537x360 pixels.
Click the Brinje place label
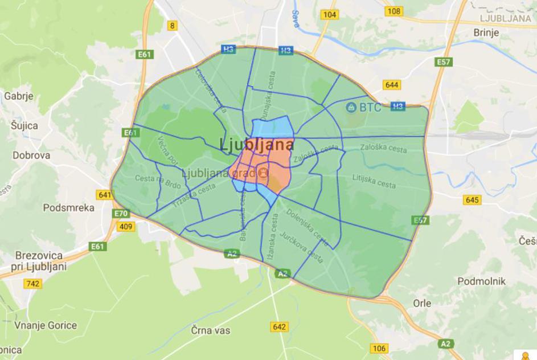tap(486, 32)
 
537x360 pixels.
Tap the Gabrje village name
tap(19, 96)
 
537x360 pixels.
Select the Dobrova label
tap(31, 155)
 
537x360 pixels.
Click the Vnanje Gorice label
tap(46, 326)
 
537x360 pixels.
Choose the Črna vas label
tap(210, 330)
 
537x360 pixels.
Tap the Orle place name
tap(422, 304)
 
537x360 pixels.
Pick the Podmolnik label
tap(482, 281)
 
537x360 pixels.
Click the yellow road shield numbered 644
tap(392, 85)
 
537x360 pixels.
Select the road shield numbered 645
tap(472, 199)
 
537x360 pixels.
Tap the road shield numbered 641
tap(105, 195)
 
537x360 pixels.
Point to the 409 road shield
tap(126, 227)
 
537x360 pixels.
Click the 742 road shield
tap(33, 283)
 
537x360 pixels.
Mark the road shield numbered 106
tap(379, 349)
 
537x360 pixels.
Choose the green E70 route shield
tap(121, 214)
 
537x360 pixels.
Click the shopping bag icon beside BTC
tap(351, 107)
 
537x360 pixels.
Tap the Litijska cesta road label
tap(374, 184)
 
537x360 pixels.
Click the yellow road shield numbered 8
tap(173, 25)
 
